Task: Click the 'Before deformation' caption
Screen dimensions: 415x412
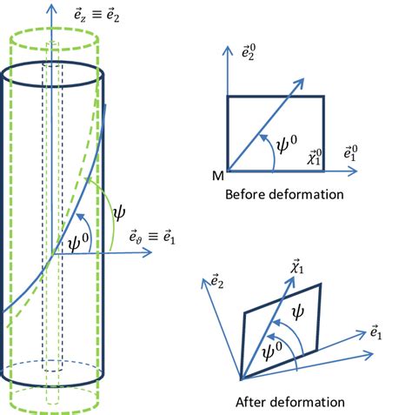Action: point(284,194)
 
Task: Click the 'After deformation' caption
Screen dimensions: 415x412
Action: point(290,402)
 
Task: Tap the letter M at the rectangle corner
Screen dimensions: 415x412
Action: point(216,175)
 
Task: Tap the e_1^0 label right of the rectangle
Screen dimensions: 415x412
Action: point(351,153)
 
